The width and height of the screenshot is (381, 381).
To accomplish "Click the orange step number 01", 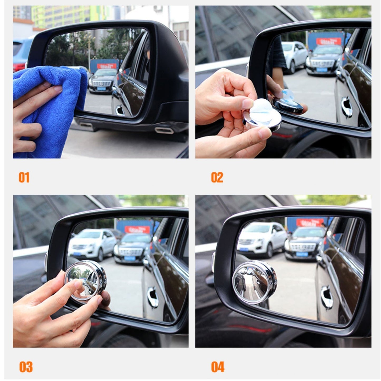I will click(24, 177).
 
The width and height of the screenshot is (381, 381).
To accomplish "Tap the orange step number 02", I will click(217, 177).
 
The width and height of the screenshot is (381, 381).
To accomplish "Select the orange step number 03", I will click(26, 366).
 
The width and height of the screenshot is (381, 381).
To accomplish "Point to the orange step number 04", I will click(218, 366).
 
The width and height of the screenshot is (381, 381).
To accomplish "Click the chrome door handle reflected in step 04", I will click(327, 297).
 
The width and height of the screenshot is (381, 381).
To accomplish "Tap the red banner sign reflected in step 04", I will click(310, 222).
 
